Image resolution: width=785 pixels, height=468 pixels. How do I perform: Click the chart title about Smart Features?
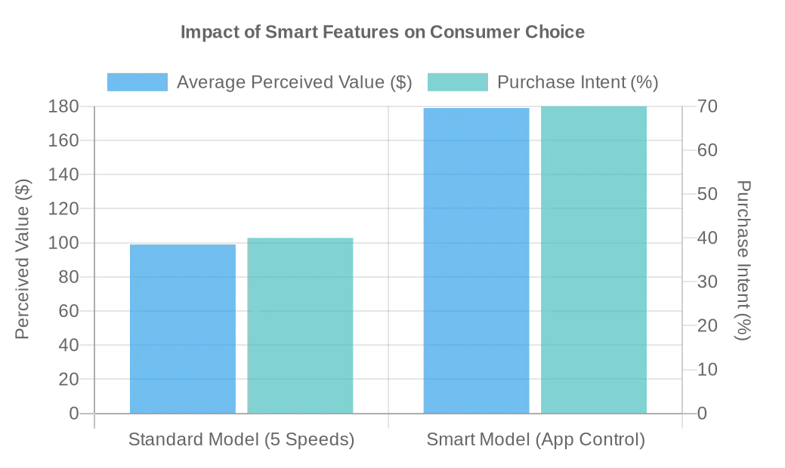click(382, 32)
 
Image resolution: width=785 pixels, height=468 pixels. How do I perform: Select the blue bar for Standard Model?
click(183, 328)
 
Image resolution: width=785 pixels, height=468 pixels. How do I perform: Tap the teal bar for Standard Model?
click(300, 325)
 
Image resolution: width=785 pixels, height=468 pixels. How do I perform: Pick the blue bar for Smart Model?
click(476, 260)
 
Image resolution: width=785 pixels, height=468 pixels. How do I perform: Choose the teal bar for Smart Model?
click(594, 260)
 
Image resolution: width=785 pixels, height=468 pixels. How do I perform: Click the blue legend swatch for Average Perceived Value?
click(138, 82)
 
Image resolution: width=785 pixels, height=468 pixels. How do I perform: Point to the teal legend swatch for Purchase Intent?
click(458, 82)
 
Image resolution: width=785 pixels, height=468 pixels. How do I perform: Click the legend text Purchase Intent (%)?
click(578, 82)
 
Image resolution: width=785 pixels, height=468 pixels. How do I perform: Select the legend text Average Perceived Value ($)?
click(295, 82)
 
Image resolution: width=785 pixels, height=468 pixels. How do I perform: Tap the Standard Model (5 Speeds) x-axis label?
click(241, 439)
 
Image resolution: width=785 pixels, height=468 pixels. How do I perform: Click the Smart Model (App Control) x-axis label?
click(536, 439)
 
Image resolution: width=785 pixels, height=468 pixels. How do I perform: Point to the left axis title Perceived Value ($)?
click(22, 260)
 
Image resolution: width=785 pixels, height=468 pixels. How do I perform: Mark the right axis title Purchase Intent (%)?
click(744, 260)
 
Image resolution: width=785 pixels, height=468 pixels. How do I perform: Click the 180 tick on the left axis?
click(63, 106)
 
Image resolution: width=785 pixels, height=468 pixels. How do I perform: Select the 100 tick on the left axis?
click(63, 243)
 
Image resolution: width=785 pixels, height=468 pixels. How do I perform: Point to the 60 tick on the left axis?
click(69, 311)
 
